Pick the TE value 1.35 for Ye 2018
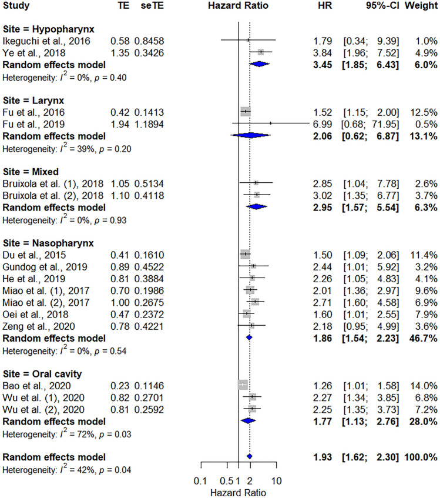[x=119, y=52]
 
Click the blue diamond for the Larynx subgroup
[x=250, y=135]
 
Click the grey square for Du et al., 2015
[x=245, y=255]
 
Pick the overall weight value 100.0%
[x=421, y=456]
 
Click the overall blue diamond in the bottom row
[x=249, y=456]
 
